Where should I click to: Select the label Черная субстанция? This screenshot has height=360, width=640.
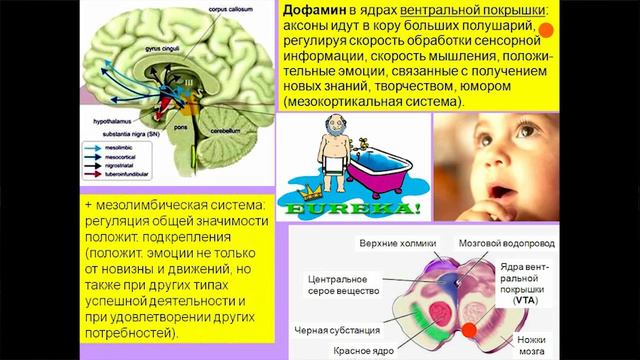pos(336,328)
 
